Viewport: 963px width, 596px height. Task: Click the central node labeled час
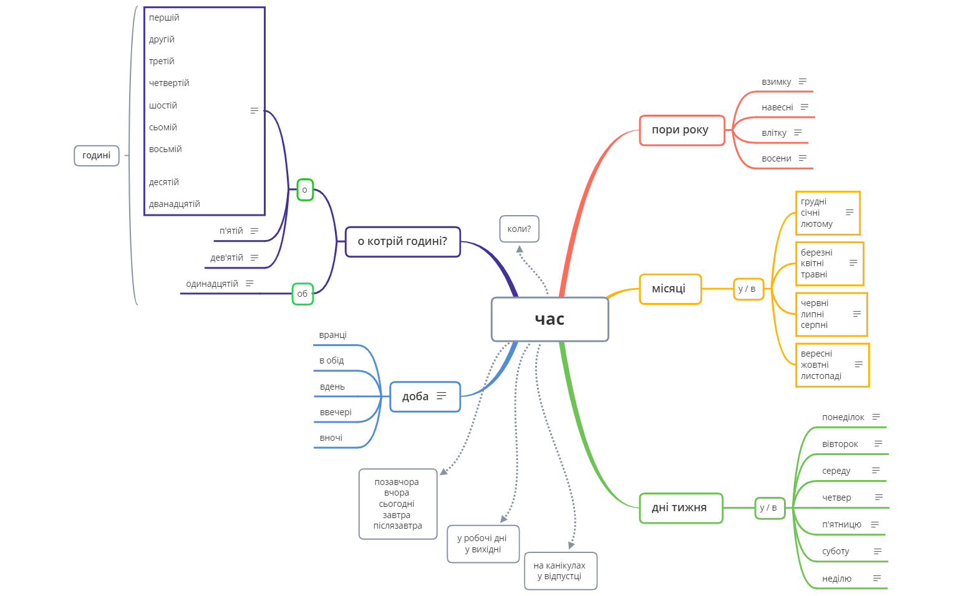[549, 319]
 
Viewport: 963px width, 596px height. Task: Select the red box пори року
[682, 130]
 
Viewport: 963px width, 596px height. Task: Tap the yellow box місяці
[670, 289]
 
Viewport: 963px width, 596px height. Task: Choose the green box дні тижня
[680, 508]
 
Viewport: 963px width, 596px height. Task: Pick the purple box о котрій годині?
[402, 242]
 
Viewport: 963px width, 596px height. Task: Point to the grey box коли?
[519, 229]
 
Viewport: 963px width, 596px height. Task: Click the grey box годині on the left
[97, 155]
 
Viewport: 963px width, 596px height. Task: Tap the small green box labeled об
[302, 294]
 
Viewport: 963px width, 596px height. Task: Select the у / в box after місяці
[748, 289]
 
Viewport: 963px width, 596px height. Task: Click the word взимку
[776, 82]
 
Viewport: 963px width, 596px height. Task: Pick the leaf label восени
[776, 158]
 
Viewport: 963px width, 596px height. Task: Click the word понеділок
[843, 417]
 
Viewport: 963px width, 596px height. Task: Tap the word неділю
[836, 579]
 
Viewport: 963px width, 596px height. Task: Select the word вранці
[332, 335]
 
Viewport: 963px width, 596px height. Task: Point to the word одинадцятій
[212, 284]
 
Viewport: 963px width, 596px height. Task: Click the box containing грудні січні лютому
[827, 213]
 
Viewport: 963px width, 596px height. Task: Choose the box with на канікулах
[560, 570]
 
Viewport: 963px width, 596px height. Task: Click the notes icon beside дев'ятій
[254, 257]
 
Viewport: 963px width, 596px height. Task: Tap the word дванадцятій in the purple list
[175, 204]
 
